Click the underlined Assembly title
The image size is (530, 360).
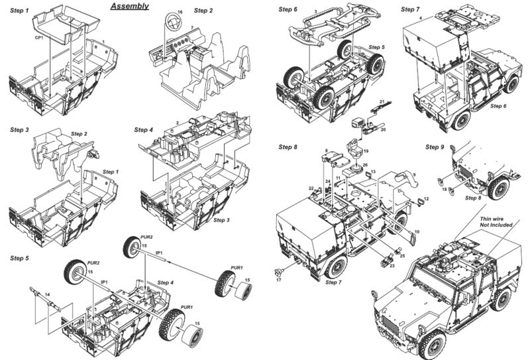130,7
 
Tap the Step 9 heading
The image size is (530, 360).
435,147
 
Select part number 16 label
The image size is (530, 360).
180,14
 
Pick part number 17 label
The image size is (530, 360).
279,281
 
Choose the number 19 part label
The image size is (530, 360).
365,152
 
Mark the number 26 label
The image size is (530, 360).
364,164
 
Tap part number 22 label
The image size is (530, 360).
310,189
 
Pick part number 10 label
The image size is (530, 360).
417,231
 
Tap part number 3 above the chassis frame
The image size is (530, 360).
315,11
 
